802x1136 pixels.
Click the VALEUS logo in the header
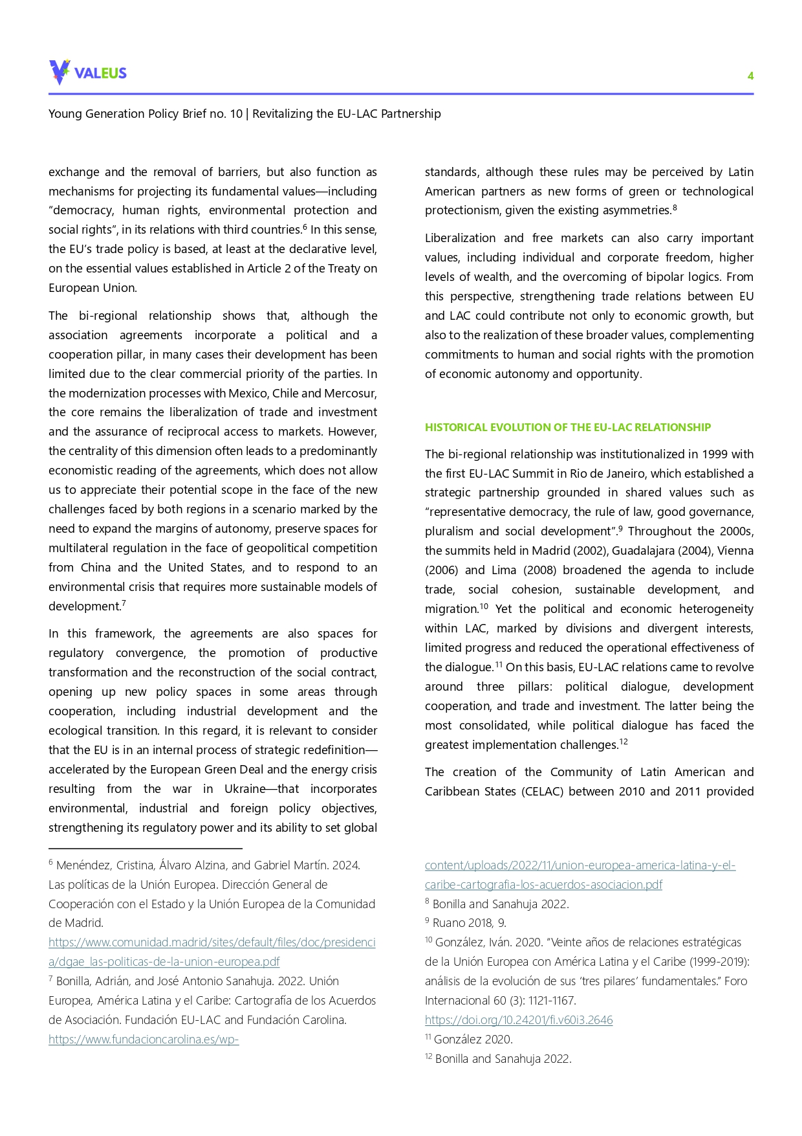click(88, 72)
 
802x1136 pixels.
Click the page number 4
click(750, 76)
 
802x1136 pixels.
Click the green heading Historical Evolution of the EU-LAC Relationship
click(567, 427)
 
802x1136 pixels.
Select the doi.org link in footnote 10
click(518, 1020)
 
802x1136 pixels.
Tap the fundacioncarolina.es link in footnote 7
click(144, 1040)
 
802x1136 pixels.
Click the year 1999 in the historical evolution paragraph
click(714, 454)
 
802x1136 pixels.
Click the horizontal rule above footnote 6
click(145, 848)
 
